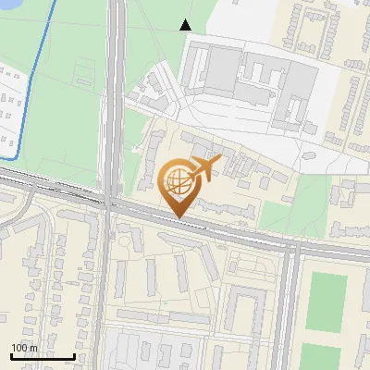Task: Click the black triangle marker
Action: pos(186,25)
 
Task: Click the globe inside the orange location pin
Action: pos(177,182)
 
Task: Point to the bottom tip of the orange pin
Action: pos(178,217)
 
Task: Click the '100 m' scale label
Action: pos(24,348)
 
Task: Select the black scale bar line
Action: pos(43,356)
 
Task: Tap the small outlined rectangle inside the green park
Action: pos(84,68)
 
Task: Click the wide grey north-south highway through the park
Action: pos(115,92)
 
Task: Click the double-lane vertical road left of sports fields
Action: pos(288,305)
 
